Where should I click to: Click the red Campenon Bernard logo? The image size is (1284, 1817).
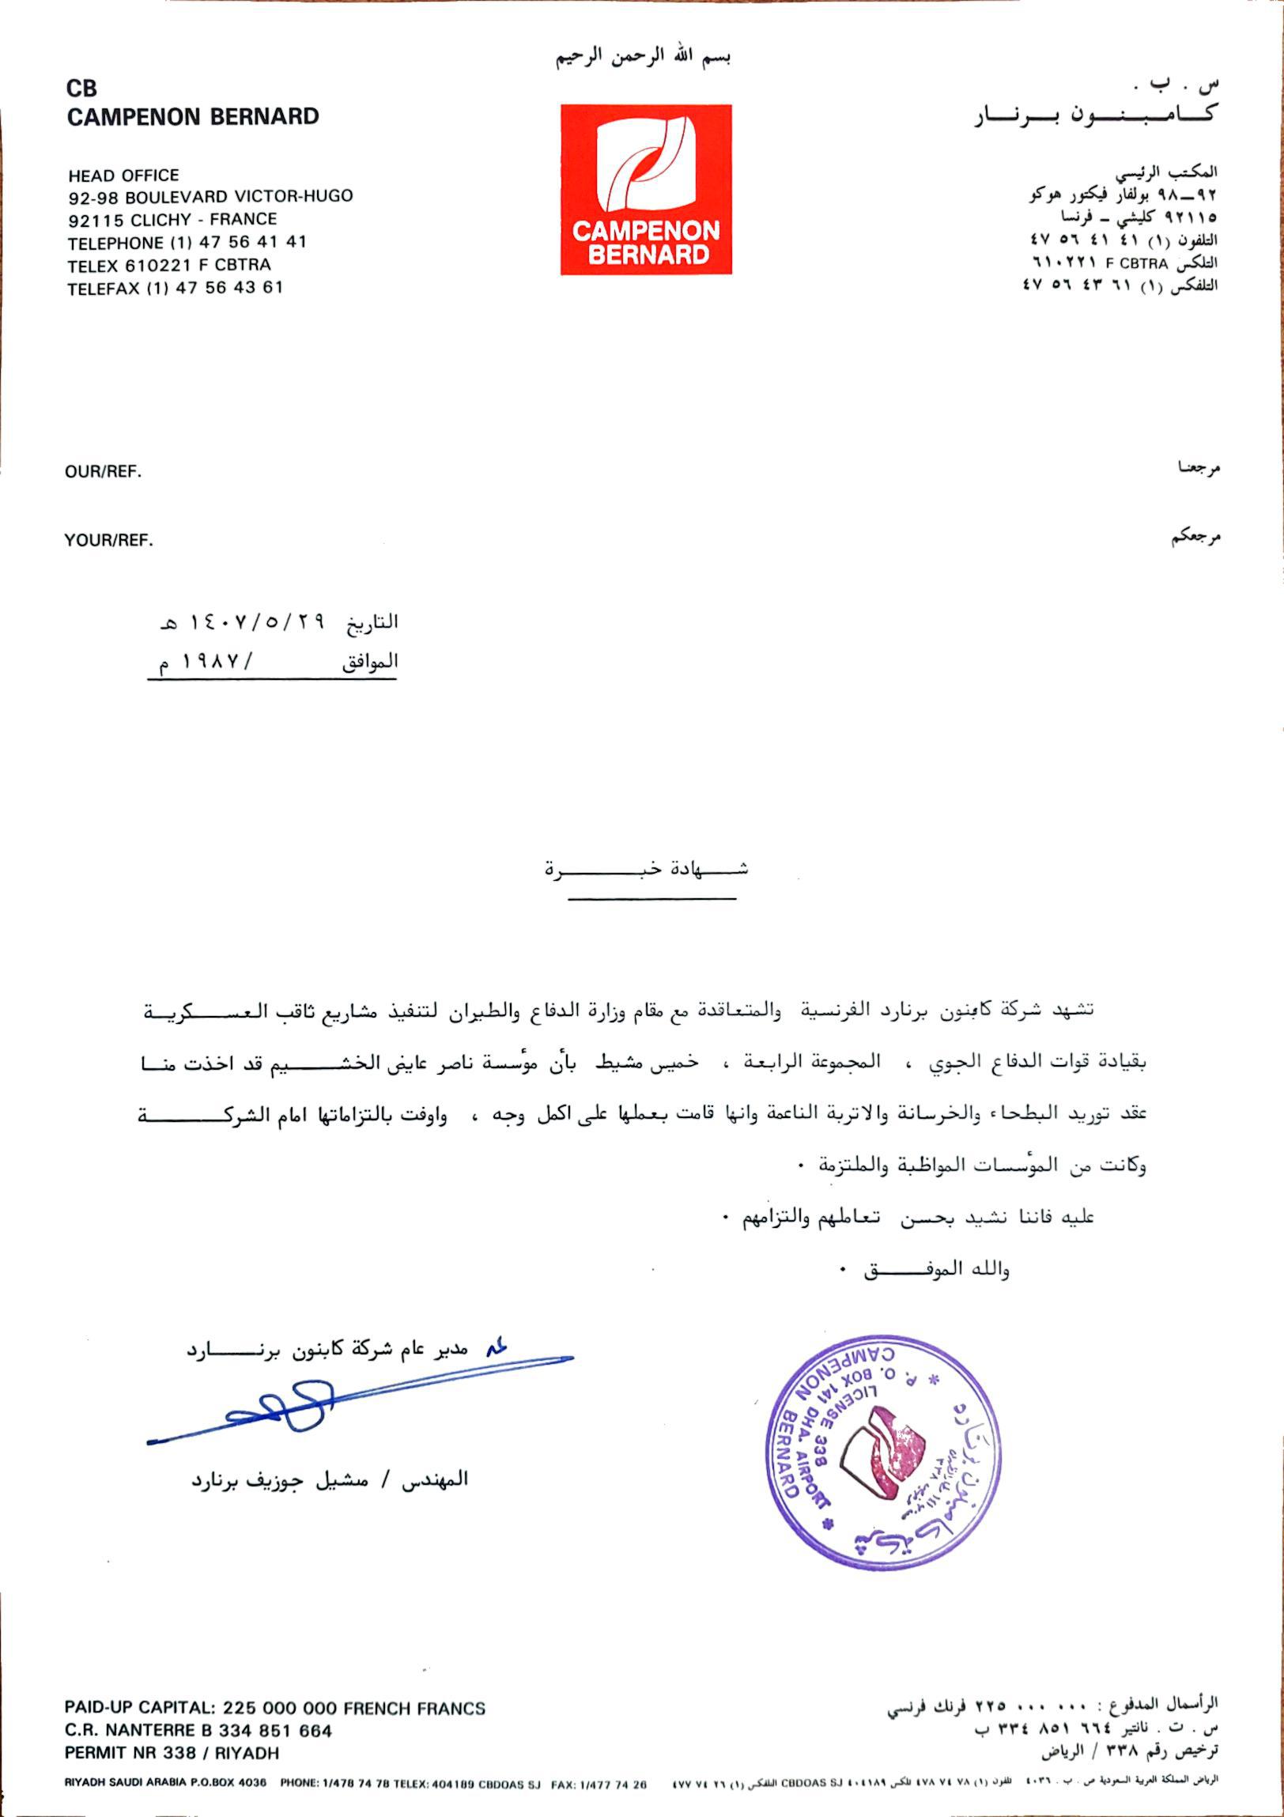646,190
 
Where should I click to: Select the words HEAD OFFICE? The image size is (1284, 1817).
123,175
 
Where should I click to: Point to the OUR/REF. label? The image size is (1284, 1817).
103,473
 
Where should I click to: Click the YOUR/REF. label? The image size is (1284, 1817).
108,542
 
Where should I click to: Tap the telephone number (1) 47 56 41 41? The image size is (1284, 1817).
238,242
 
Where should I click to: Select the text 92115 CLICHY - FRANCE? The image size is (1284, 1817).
172,219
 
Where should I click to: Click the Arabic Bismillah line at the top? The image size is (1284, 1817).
643,58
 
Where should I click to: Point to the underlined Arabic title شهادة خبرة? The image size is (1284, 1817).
647,870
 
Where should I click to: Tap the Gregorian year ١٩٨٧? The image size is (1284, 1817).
212,662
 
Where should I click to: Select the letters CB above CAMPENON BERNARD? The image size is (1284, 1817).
81,89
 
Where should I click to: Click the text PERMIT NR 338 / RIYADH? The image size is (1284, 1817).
172,1753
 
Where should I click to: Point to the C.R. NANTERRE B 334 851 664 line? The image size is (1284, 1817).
198,1731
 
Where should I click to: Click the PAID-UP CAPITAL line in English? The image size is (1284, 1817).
274,1708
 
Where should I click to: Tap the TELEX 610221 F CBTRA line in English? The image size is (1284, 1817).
169,265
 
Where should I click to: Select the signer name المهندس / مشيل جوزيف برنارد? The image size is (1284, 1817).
329,1479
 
